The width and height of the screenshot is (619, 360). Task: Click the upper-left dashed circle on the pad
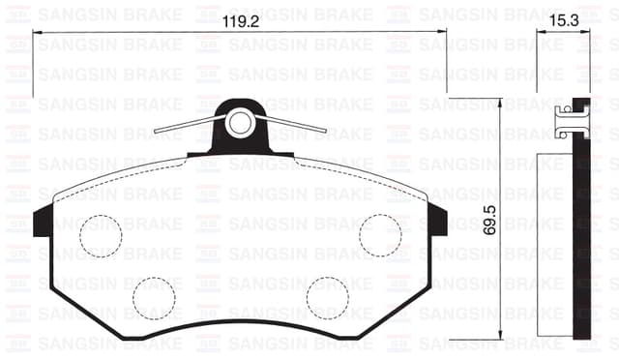pyautogui.click(x=101, y=235)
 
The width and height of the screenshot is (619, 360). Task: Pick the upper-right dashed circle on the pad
pyautogui.click(x=380, y=235)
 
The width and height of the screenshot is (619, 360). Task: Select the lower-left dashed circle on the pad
pyautogui.click(x=154, y=297)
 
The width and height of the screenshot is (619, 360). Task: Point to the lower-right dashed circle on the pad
pyautogui.click(x=327, y=297)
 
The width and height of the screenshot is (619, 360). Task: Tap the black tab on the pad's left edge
pyautogui.click(x=44, y=222)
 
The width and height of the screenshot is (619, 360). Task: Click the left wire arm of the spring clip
pyautogui.click(x=189, y=125)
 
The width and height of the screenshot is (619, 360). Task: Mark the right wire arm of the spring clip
pyautogui.click(x=295, y=123)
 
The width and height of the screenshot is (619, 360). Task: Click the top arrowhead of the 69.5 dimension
pyautogui.click(x=499, y=103)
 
